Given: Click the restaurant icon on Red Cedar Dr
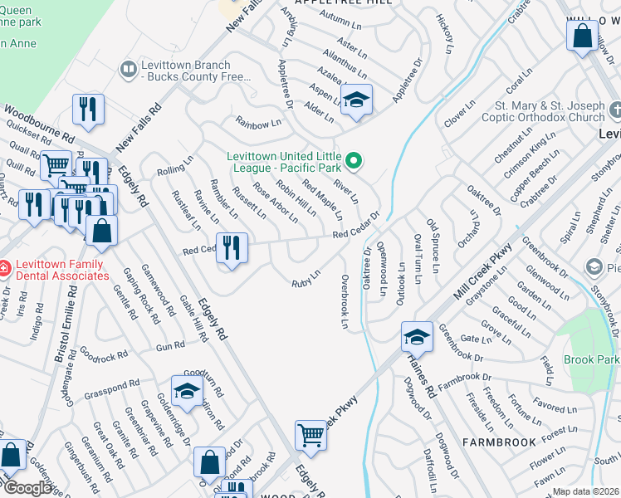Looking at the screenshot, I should pos(230,248).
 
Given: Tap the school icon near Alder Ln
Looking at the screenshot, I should pos(356,101).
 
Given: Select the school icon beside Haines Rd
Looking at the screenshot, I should pos(417,337).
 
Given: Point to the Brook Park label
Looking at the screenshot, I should pos(590,359).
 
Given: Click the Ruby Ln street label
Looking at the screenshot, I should pos(305,279).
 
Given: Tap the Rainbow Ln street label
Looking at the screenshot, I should pos(253,124).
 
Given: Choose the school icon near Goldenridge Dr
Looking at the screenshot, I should pos(187,391).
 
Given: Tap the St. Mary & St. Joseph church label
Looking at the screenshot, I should pos(550,111).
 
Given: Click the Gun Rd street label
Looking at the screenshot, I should pos(170,344).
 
